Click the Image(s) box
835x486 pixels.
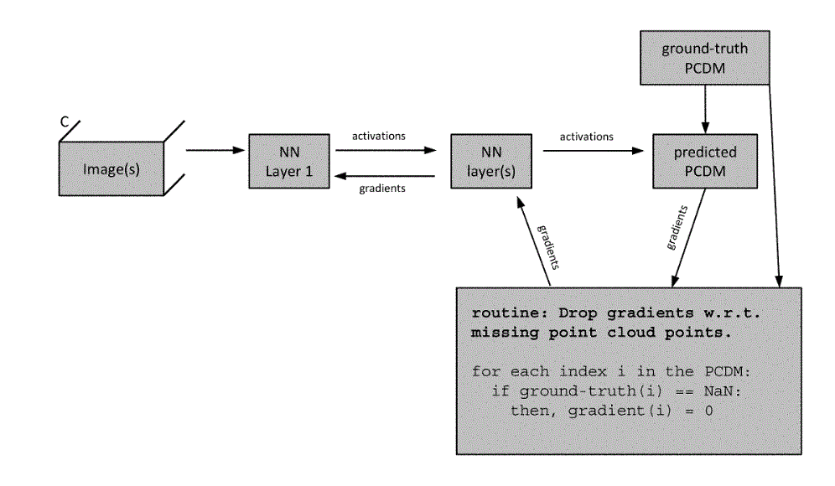click(x=111, y=168)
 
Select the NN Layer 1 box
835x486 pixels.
click(x=288, y=161)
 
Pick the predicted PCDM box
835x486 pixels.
click(x=705, y=161)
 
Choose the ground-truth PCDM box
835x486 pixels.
click(x=704, y=57)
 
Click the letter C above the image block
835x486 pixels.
click(x=65, y=122)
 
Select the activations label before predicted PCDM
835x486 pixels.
click(x=586, y=136)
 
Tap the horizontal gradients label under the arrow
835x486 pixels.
click(x=382, y=189)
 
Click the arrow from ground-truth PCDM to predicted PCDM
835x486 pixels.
click(x=705, y=109)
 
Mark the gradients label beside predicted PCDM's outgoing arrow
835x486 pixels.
click(x=677, y=227)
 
